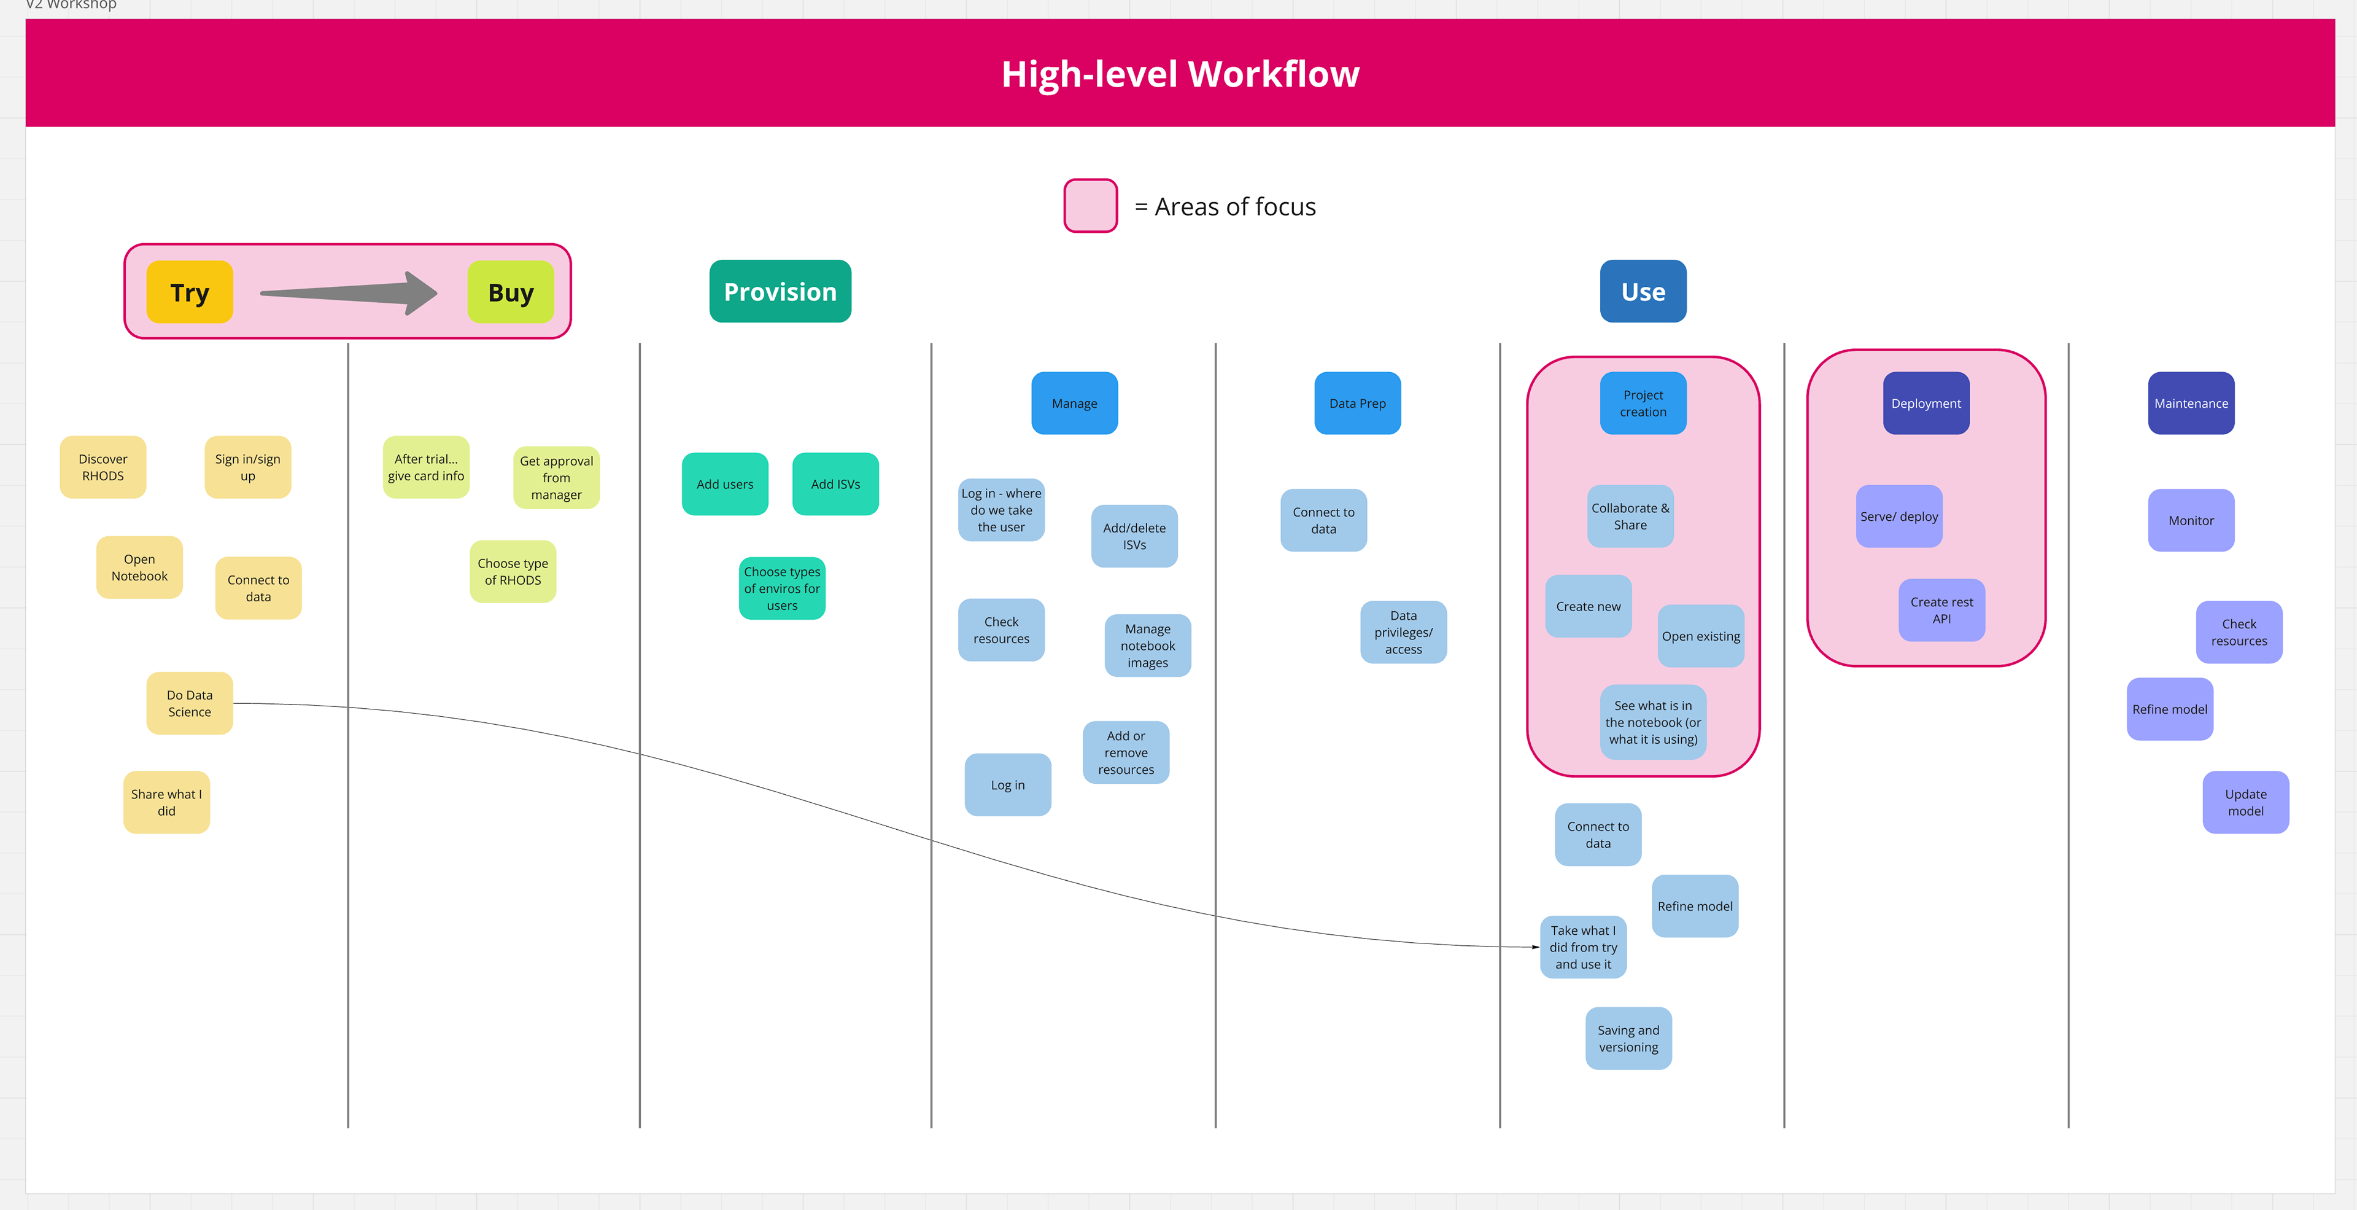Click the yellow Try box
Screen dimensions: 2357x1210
coord(190,292)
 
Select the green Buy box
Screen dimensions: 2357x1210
coord(511,292)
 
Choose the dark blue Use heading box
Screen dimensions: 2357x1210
coord(1643,291)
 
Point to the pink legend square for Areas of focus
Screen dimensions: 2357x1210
coord(1091,206)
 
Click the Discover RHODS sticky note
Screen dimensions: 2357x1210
coord(103,467)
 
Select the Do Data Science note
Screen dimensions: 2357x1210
coord(190,703)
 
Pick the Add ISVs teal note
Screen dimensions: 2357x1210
coord(835,484)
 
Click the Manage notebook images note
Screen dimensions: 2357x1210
coord(1147,646)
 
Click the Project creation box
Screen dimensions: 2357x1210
coord(1643,403)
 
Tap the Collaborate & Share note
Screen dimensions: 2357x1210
coord(1630,516)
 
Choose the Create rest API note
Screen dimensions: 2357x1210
coord(1941,609)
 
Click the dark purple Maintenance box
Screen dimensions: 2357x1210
coord(2191,403)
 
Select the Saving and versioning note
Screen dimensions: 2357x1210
coord(1628,1038)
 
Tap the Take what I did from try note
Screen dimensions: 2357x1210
coord(1583,947)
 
